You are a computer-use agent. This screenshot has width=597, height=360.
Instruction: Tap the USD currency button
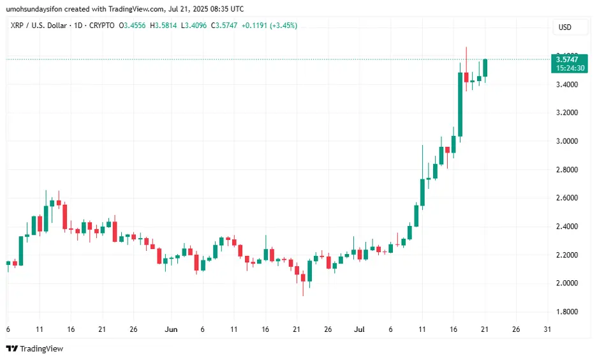click(x=564, y=27)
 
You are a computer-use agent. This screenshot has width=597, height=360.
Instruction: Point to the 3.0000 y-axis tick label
click(x=566, y=141)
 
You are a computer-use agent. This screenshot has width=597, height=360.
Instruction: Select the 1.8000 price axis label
click(x=566, y=311)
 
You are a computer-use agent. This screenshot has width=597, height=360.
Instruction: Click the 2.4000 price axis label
click(x=566, y=227)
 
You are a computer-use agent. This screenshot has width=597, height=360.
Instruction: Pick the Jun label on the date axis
click(x=171, y=330)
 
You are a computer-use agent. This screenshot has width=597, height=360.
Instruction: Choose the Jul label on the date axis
click(x=360, y=330)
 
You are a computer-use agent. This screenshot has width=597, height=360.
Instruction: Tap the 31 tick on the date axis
click(x=547, y=330)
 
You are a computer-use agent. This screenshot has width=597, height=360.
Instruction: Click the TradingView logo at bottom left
click(x=34, y=349)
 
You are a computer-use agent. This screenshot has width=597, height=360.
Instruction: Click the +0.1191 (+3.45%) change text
click(x=269, y=26)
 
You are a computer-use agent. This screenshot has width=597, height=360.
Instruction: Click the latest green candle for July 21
click(x=485, y=68)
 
